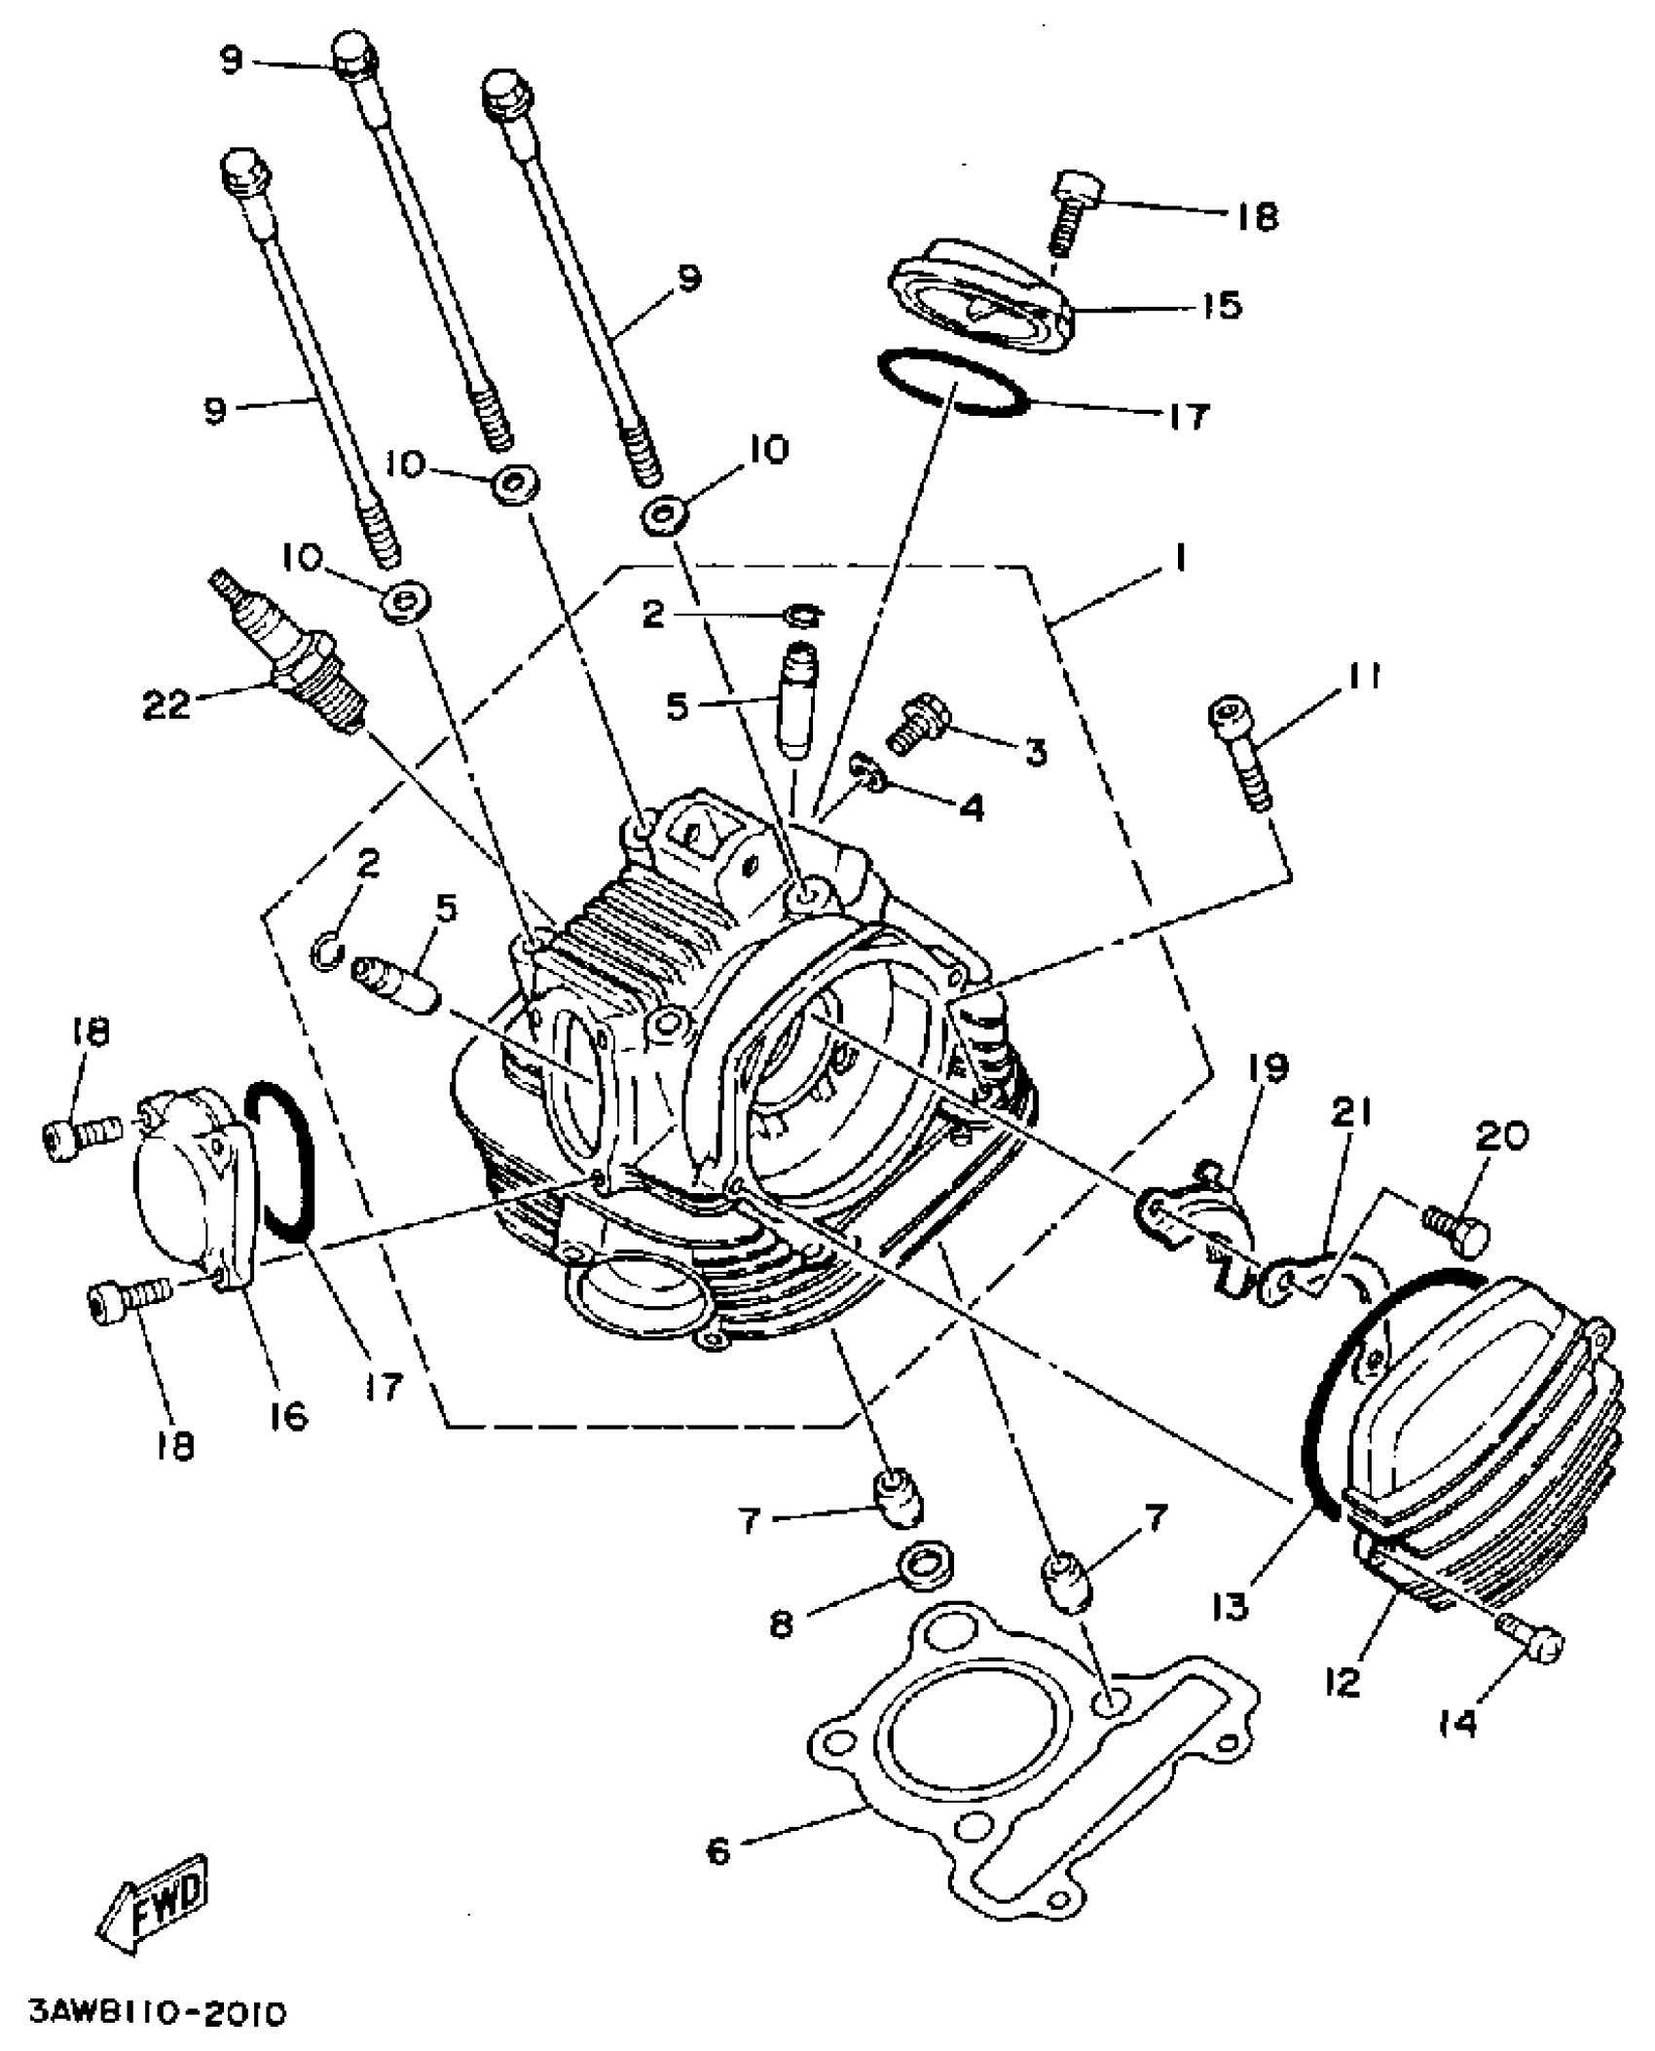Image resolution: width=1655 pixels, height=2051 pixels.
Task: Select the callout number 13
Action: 1231,1606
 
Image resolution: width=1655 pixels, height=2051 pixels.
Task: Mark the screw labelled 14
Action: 1536,1644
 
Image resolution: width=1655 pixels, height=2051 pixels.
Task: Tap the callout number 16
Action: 289,1414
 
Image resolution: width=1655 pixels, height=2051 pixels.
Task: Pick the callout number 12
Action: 1342,1682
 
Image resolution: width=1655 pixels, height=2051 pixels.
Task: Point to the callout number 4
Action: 971,806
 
